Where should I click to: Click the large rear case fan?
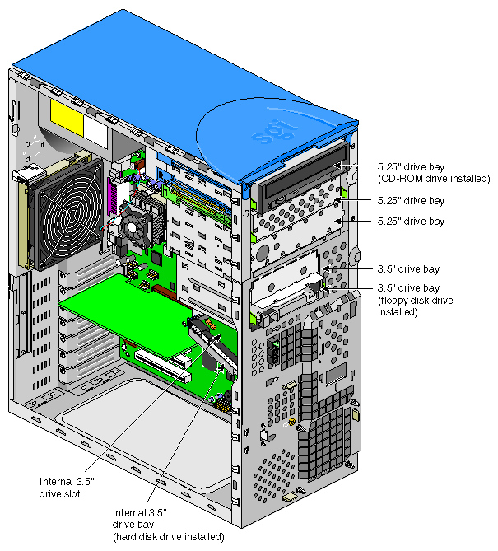pos(67,214)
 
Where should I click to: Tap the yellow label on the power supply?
pos(67,118)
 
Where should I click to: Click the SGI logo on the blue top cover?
pos(275,131)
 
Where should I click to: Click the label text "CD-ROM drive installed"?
pos(434,179)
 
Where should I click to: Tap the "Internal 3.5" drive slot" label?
pos(67,488)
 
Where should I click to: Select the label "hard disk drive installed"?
pos(168,537)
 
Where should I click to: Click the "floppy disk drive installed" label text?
pos(415,306)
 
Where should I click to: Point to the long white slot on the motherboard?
pos(163,366)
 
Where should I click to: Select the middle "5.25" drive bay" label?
pos(411,201)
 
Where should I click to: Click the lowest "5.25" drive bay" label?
pos(411,221)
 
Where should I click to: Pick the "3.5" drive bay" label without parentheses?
pos(408,269)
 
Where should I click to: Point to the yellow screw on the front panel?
pos(291,422)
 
